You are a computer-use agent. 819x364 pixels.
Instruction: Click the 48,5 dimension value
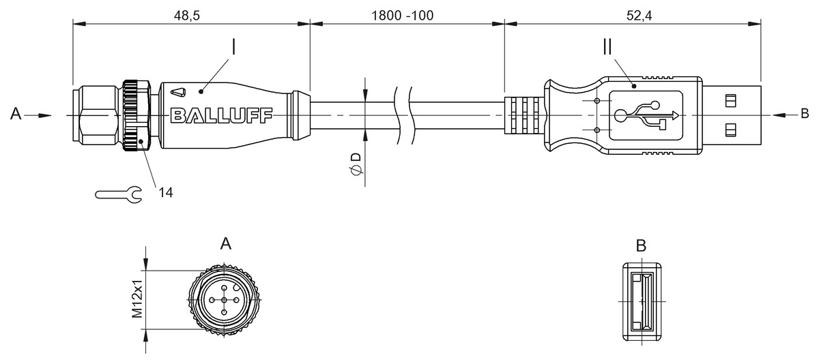pos(186,15)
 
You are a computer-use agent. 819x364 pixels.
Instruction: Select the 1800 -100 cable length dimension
pos(402,15)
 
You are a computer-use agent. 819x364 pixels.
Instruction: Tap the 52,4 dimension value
pos(639,15)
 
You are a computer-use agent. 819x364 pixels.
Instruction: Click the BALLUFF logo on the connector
pos(222,115)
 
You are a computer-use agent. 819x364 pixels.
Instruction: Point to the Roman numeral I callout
pos(233,47)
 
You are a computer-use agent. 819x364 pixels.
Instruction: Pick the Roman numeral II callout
pos(607,47)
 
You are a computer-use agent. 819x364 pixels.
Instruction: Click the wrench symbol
pos(119,194)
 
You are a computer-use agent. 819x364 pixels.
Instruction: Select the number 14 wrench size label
pos(166,192)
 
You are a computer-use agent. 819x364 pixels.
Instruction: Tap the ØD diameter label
pos(356,164)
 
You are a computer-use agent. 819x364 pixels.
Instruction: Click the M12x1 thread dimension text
pos(137,299)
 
